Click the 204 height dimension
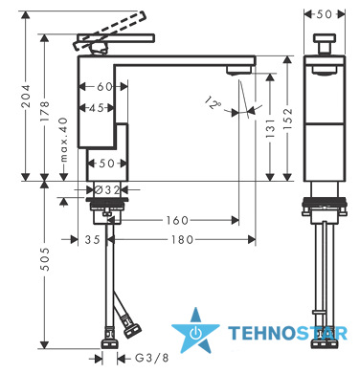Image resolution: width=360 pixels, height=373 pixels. tap(25, 96)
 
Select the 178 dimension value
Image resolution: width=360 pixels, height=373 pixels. tap(45, 111)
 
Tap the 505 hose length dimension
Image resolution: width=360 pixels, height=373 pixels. tap(45, 259)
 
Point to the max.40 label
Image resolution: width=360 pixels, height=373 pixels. tap(64, 140)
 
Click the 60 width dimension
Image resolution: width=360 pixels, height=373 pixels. tap(104, 86)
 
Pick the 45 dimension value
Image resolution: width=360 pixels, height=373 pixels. tap(97, 108)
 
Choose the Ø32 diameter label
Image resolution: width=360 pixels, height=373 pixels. tap(107, 190)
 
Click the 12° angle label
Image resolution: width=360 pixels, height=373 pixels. tap(213, 102)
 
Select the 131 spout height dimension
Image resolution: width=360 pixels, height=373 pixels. tap(270, 128)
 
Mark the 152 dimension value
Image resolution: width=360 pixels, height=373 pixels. tap(288, 120)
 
